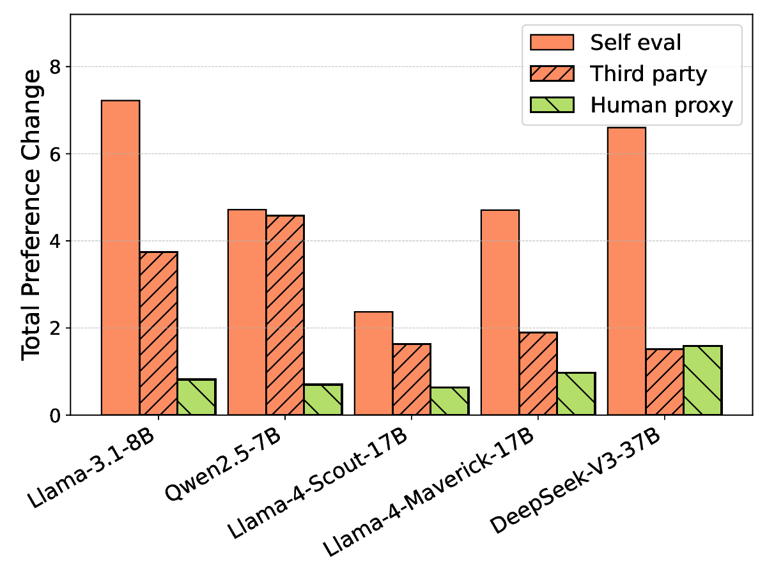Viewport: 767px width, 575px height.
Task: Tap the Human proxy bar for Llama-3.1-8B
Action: click(197, 397)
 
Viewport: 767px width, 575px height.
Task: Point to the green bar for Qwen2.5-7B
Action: click(323, 399)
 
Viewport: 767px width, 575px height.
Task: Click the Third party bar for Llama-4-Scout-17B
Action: click(412, 379)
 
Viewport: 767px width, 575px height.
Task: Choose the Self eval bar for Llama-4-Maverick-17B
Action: click(500, 312)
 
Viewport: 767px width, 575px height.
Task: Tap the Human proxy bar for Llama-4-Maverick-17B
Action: click(577, 394)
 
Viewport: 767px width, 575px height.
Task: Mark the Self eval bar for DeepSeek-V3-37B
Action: click(626, 271)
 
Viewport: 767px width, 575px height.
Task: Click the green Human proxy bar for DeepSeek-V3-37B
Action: click(702, 380)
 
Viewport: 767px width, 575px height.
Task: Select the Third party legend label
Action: click(648, 74)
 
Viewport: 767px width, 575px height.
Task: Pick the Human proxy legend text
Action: click(661, 105)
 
